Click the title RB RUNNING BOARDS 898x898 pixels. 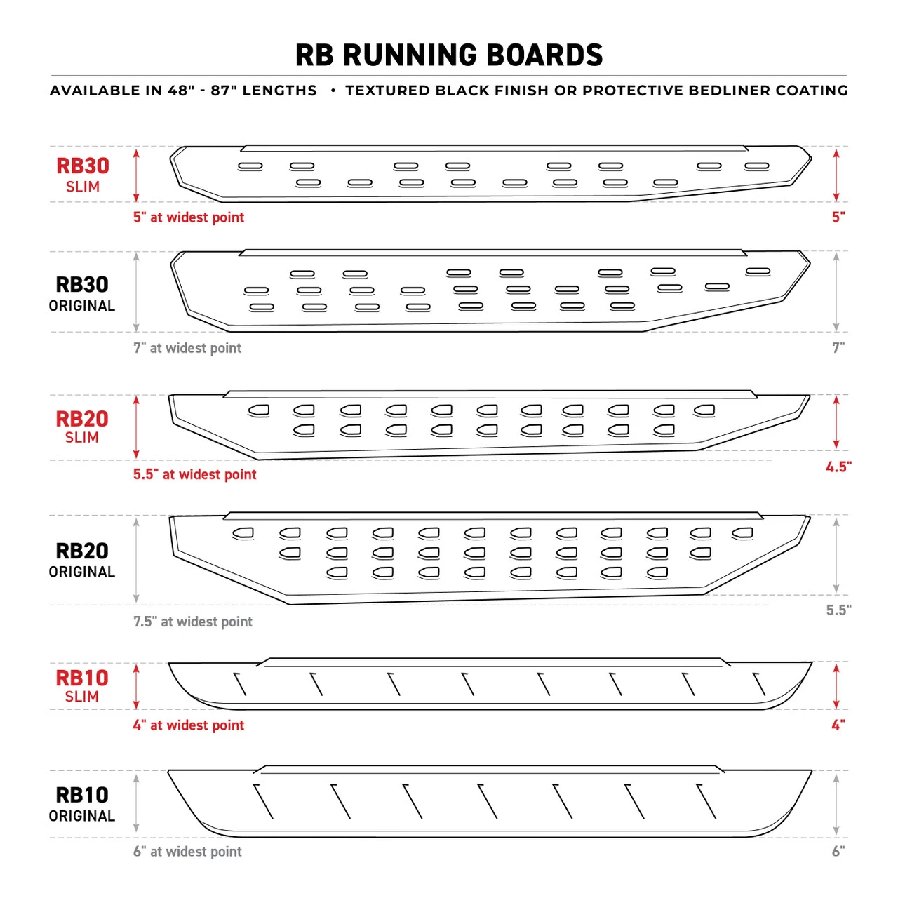point(449,55)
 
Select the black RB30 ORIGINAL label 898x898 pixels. point(82,293)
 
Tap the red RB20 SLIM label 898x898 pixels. point(82,427)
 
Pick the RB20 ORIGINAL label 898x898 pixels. point(82,560)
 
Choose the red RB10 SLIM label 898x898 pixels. point(82,685)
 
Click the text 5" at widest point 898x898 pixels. point(189,217)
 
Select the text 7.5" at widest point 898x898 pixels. point(193,622)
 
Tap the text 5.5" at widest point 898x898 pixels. point(195,474)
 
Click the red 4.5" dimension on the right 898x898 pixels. point(838,467)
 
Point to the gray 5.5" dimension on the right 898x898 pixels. point(838,610)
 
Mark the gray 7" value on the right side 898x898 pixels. point(838,347)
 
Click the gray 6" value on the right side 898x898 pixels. point(838,851)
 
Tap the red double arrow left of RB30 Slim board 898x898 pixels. point(136,175)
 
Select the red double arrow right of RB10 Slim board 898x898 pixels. point(836,686)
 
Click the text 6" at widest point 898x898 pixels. point(187,852)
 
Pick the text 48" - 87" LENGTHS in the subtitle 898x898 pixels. point(242,91)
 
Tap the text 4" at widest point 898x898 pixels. point(189,725)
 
